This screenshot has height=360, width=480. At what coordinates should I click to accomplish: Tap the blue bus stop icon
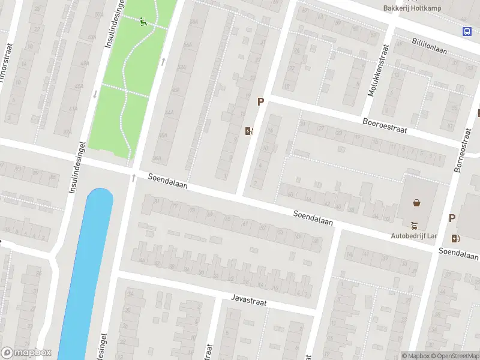467,31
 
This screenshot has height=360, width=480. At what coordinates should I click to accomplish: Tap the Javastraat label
248,299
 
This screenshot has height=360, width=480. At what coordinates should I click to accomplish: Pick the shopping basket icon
417,202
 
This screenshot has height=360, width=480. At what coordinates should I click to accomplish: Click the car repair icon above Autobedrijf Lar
413,226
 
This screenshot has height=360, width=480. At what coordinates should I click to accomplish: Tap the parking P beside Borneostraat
452,219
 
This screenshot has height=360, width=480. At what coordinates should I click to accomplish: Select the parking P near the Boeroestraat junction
260,103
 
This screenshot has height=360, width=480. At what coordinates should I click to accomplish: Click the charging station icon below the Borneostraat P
455,238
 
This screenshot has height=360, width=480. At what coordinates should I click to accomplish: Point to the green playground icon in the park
143,23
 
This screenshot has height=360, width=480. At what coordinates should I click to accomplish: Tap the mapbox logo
26,353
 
